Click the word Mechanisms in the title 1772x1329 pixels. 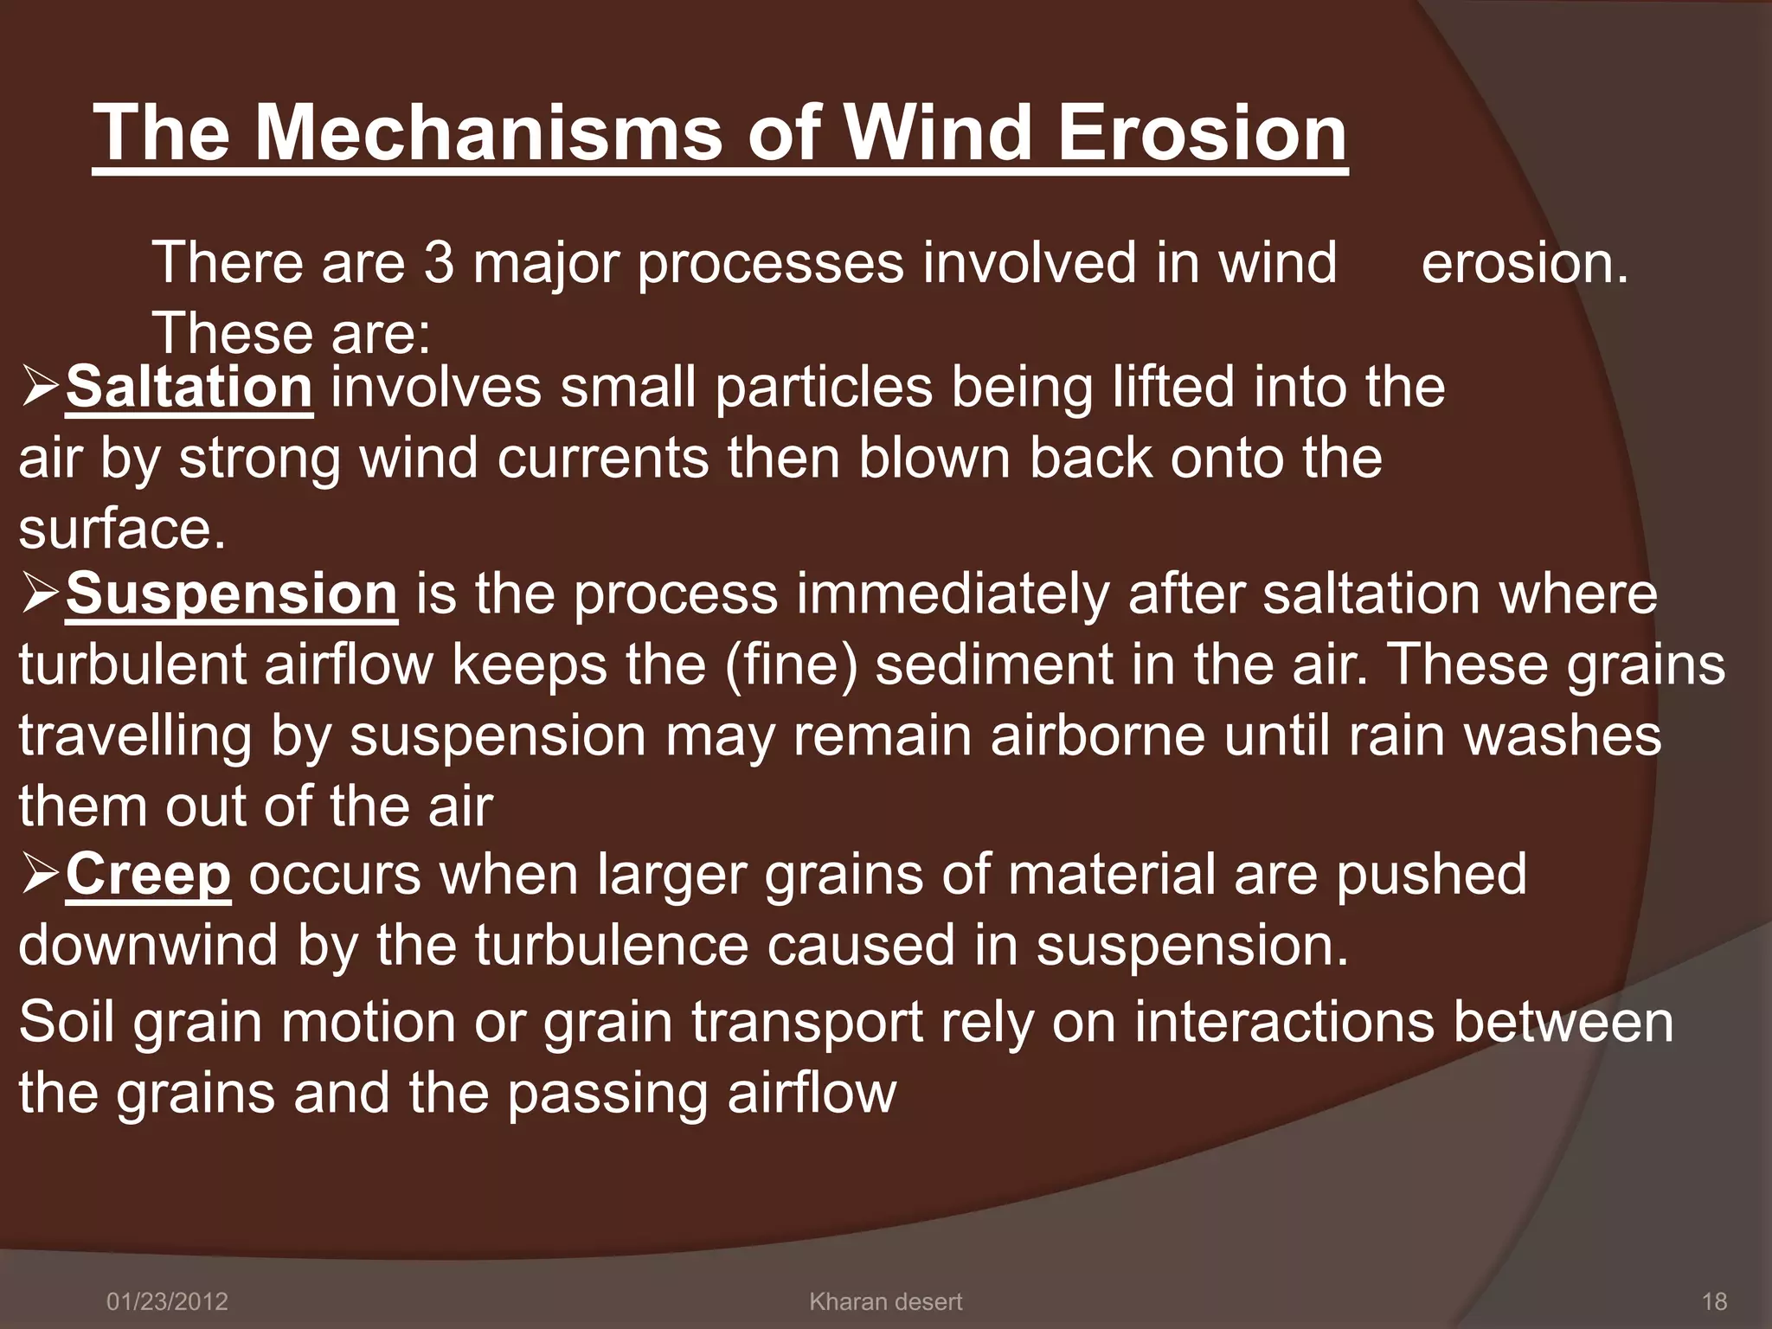pos(487,134)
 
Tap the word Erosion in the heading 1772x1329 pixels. pos(1202,134)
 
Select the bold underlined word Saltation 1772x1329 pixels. pos(189,388)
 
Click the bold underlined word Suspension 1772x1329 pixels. pos(231,594)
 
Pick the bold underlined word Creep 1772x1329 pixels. pos(148,874)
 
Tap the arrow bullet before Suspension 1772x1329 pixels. pos(41,595)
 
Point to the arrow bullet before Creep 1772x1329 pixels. pos(41,875)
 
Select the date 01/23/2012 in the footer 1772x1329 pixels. pos(167,1301)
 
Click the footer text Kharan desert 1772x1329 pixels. pos(885,1301)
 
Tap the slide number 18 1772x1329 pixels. pos(1714,1301)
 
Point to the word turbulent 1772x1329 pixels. pos(132,665)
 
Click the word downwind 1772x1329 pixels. pos(148,945)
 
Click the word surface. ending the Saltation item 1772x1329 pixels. pos(122,529)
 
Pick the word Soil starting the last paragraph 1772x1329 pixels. pos(67,1022)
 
